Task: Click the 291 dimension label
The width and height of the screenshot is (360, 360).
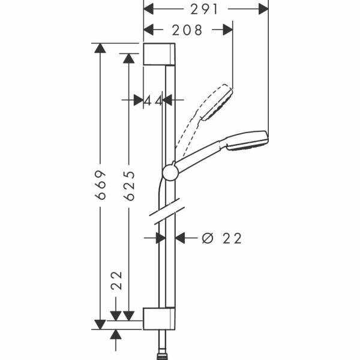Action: tap(204, 10)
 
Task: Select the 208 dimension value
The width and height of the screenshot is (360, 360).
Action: tap(187, 30)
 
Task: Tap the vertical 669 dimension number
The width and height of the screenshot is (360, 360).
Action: tap(100, 185)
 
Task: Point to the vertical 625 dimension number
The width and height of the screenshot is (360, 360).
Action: tap(129, 186)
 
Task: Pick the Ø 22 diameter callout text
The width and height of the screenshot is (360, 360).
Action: tap(222, 238)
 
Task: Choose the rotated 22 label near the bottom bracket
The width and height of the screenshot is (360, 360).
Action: tap(116, 281)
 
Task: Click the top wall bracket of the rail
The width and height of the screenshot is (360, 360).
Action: tap(160, 54)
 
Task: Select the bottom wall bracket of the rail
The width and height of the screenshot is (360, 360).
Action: tap(160, 319)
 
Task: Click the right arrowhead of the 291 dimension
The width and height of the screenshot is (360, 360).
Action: tap(263, 9)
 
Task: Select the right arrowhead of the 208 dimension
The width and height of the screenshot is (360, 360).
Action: tap(228, 30)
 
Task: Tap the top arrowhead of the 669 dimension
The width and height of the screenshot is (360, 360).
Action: tap(100, 48)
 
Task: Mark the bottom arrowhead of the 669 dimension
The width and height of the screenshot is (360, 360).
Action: tap(100, 325)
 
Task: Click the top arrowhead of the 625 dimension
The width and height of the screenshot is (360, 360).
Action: tap(129, 58)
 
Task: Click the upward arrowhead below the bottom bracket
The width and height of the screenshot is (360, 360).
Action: tap(115, 335)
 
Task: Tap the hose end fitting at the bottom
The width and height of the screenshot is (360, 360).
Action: tap(160, 357)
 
